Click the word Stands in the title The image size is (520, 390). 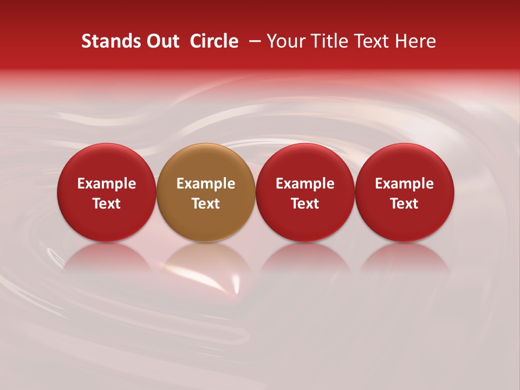110,41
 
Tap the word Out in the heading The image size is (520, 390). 162,41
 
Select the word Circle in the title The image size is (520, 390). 214,41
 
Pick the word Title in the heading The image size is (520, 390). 331,41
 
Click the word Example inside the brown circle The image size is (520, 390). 206,184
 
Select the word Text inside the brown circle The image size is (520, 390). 206,204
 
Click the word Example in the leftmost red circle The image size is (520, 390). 106,184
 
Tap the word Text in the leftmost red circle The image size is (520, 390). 106,204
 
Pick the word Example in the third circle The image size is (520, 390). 305,184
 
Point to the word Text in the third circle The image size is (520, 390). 305,204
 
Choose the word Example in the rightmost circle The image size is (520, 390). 405,184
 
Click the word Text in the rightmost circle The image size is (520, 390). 405,204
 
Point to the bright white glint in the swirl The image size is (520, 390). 236,282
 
